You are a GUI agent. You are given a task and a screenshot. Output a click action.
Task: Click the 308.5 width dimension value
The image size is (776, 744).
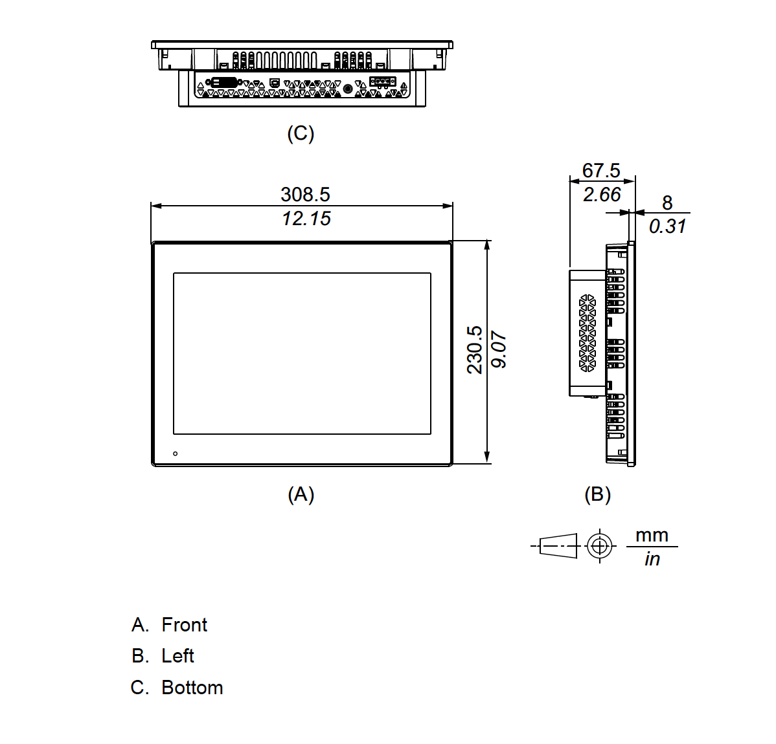(305, 194)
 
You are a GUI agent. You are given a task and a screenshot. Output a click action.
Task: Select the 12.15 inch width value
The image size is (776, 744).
(306, 219)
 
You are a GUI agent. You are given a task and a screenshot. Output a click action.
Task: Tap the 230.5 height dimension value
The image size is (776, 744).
(475, 349)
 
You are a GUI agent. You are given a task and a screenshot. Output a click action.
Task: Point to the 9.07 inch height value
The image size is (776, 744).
(499, 350)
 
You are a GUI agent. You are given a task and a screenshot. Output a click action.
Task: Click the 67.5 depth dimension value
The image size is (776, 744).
(600, 170)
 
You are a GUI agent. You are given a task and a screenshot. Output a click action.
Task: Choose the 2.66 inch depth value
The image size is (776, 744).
(601, 195)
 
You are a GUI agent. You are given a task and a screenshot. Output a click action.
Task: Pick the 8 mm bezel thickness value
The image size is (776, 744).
(667, 203)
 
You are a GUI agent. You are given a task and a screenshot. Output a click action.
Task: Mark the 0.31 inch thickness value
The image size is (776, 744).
(667, 226)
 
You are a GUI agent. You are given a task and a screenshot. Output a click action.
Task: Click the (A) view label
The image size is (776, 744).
(301, 494)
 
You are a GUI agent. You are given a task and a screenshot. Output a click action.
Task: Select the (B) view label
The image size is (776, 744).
(597, 494)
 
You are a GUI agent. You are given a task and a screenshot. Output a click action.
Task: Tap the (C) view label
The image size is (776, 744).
(301, 134)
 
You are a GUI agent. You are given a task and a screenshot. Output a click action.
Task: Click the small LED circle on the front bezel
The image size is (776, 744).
(176, 454)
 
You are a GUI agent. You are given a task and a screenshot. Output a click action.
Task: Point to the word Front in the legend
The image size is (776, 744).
(184, 625)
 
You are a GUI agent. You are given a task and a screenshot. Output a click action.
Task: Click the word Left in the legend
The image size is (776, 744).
(177, 656)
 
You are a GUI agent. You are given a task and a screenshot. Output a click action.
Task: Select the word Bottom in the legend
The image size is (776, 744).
(192, 688)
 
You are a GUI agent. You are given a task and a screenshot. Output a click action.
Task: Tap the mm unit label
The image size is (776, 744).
(652, 535)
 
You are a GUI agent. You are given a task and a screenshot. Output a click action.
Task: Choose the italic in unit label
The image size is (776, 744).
(652, 558)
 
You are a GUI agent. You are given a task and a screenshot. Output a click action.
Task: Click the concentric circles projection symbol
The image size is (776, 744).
(600, 547)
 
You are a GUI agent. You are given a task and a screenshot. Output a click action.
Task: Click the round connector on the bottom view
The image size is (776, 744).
(348, 89)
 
